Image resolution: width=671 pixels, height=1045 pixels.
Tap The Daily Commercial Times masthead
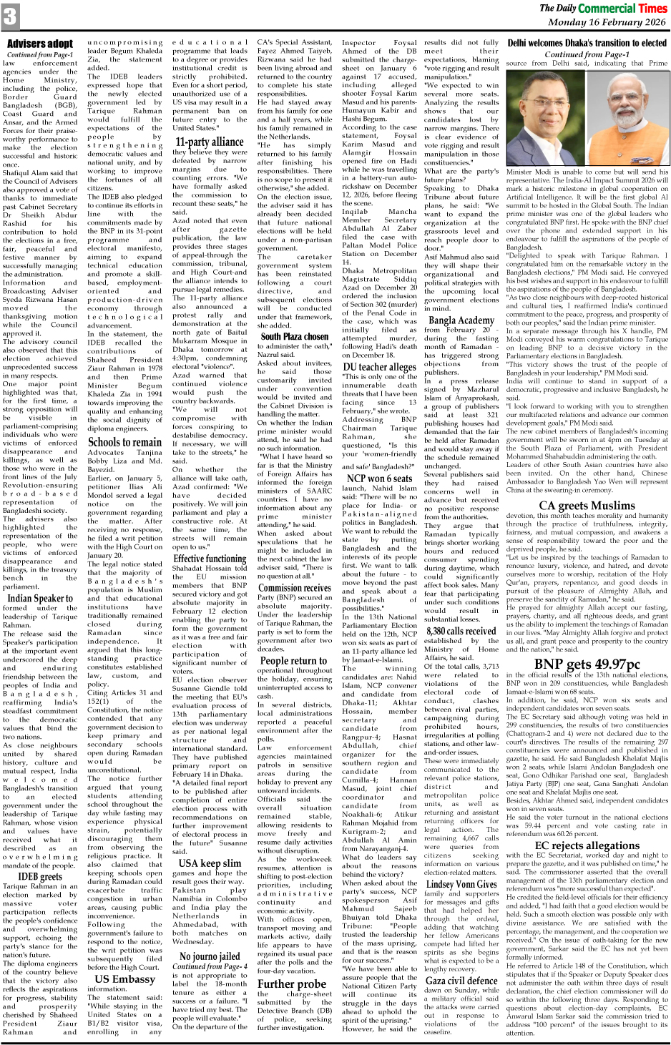(602, 9)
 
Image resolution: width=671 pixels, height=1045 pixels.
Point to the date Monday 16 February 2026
(606, 23)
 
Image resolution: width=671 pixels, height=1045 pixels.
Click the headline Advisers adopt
(40, 44)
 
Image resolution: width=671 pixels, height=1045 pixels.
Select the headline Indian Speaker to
(40, 598)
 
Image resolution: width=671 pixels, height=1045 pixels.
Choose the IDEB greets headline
(40, 876)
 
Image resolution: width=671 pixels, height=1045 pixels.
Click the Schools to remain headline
(124, 442)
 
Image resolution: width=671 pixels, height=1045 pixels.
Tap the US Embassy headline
(124, 979)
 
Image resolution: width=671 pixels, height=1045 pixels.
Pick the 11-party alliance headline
(210, 142)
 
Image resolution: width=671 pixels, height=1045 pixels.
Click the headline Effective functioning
(210, 559)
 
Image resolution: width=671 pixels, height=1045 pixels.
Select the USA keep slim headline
(210, 863)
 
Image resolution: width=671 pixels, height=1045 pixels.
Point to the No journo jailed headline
(210, 956)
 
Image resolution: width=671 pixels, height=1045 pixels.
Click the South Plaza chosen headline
(295, 336)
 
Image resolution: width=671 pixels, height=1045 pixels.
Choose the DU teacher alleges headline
(379, 367)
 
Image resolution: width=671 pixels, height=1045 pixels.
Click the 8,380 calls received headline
(461, 631)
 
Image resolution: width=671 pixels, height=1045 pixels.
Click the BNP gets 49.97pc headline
(587, 664)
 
